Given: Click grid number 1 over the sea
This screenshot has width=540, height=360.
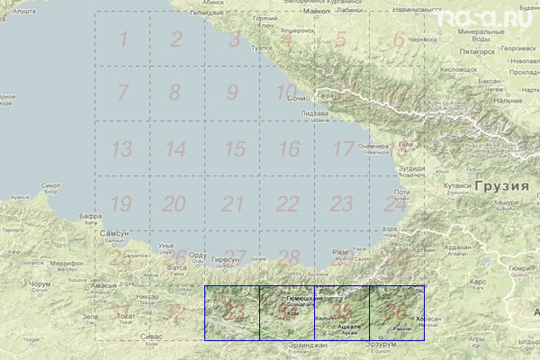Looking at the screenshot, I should [123, 39].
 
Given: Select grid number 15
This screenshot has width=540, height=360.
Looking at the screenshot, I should [235, 149].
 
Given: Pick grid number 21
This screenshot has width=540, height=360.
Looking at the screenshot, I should [234, 203].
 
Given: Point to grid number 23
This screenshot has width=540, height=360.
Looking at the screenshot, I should [341, 203].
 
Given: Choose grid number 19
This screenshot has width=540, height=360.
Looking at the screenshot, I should [121, 203].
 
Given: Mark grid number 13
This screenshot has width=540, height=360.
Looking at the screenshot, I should [121, 149].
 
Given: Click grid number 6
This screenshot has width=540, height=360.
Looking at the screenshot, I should [398, 40].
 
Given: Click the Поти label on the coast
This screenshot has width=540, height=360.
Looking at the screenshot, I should [401, 192].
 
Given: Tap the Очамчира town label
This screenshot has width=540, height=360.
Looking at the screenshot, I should [373, 145].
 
